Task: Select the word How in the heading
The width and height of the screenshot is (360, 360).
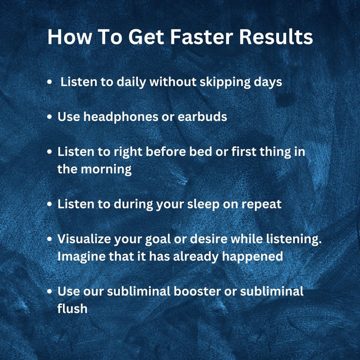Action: (66, 37)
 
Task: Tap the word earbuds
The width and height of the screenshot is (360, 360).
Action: (202, 117)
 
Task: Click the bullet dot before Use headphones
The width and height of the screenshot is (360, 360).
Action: (50, 117)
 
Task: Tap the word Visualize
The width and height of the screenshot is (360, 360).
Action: (85, 239)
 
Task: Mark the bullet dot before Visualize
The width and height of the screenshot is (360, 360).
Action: (50, 239)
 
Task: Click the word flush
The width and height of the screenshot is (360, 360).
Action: (72, 308)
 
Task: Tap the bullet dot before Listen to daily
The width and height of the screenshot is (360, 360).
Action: (50, 83)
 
